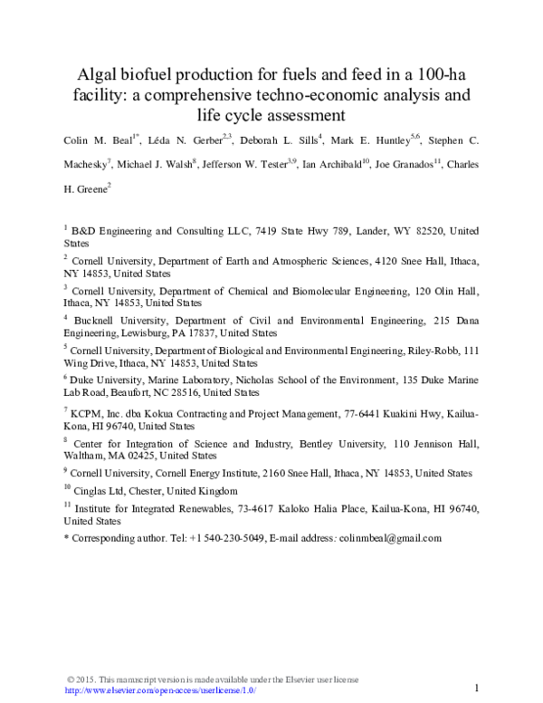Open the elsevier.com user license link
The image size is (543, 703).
pyautogui.click(x=161, y=690)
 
